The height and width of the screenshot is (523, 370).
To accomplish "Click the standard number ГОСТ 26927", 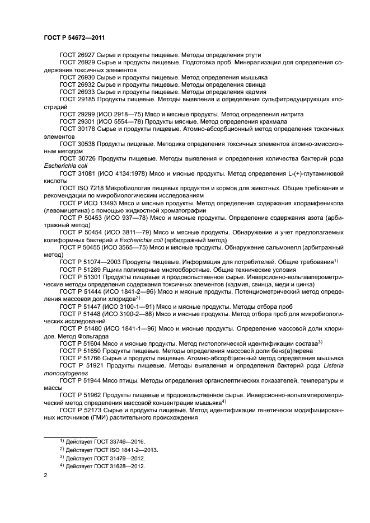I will pos(76,55).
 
